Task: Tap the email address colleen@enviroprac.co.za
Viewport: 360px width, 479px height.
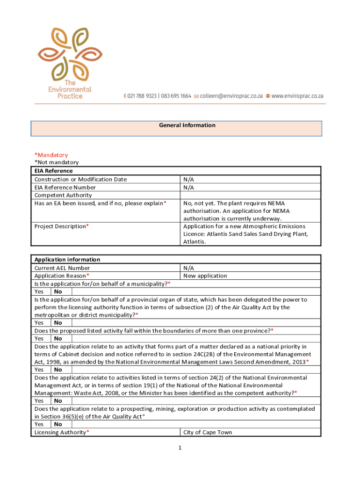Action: coord(229,96)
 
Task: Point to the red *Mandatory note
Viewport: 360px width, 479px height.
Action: coord(51,155)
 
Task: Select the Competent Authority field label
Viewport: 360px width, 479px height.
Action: coord(63,195)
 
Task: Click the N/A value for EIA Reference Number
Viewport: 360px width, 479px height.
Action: coord(189,187)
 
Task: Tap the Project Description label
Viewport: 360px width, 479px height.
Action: coord(60,226)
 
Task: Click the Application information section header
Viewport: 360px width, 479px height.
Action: coord(67,260)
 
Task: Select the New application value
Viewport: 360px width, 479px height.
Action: coord(205,276)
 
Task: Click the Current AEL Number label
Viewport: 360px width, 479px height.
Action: coord(62,268)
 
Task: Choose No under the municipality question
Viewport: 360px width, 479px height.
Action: coord(58,291)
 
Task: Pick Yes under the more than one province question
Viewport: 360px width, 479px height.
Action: coord(39,338)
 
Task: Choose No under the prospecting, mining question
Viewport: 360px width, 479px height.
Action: coord(58,424)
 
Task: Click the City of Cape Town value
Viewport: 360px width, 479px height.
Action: coord(207,432)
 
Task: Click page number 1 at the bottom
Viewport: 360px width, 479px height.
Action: coord(179,448)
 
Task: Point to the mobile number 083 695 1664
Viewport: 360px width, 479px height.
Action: coord(176,96)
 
